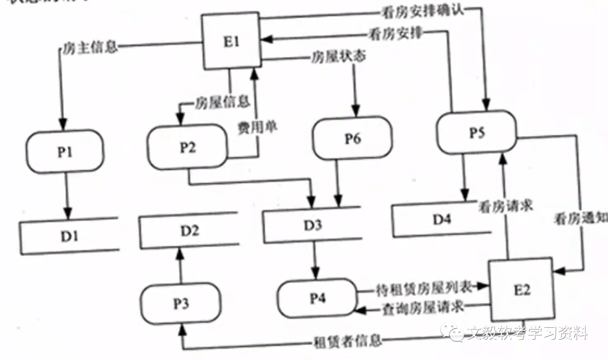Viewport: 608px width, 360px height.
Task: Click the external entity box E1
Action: point(231,42)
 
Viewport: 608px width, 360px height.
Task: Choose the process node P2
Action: point(187,148)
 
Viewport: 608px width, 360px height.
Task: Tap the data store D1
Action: point(69,235)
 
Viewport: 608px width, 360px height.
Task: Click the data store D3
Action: point(312,225)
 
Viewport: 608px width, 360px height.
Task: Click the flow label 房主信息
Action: point(88,47)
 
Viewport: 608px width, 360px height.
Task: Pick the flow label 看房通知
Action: point(580,217)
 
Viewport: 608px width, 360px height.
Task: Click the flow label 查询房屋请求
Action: point(422,308)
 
